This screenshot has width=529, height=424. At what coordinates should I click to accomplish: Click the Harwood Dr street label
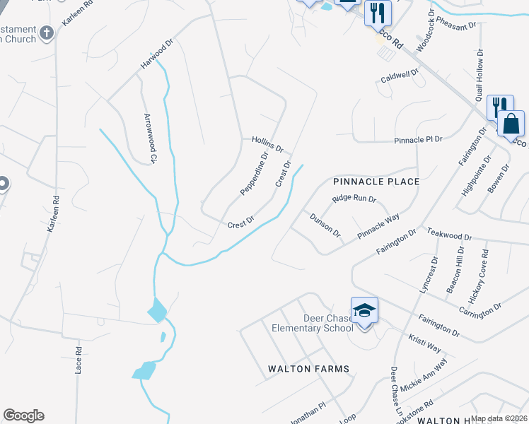(x=156, y=54)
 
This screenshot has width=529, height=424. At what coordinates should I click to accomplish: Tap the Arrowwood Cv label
(x=149, y=139)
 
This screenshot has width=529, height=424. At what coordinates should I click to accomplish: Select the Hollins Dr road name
(x=267, y=145)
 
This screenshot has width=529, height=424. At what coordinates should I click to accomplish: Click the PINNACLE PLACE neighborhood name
(x=376, y=182)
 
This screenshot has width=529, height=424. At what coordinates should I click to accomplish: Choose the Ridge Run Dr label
(x=355, y=200)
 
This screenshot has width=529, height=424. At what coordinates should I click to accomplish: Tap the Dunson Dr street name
(x=325, y=225)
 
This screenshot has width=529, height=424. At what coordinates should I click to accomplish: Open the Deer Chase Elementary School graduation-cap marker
(x=365, y=311)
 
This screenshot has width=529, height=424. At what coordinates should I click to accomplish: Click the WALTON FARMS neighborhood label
(x=308, y=369)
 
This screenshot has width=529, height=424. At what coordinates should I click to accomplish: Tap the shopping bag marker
(x=511, y=124)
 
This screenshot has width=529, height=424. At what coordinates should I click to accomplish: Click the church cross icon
(x=47, y=33)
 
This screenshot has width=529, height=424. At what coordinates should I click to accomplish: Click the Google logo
(x=23, y=416)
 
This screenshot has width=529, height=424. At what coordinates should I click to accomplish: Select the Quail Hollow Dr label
(x=479, y=76)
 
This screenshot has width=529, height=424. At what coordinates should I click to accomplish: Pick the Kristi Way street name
(x=424, y=343)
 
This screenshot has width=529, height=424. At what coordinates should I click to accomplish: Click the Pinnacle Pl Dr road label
(x=418, y=140)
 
